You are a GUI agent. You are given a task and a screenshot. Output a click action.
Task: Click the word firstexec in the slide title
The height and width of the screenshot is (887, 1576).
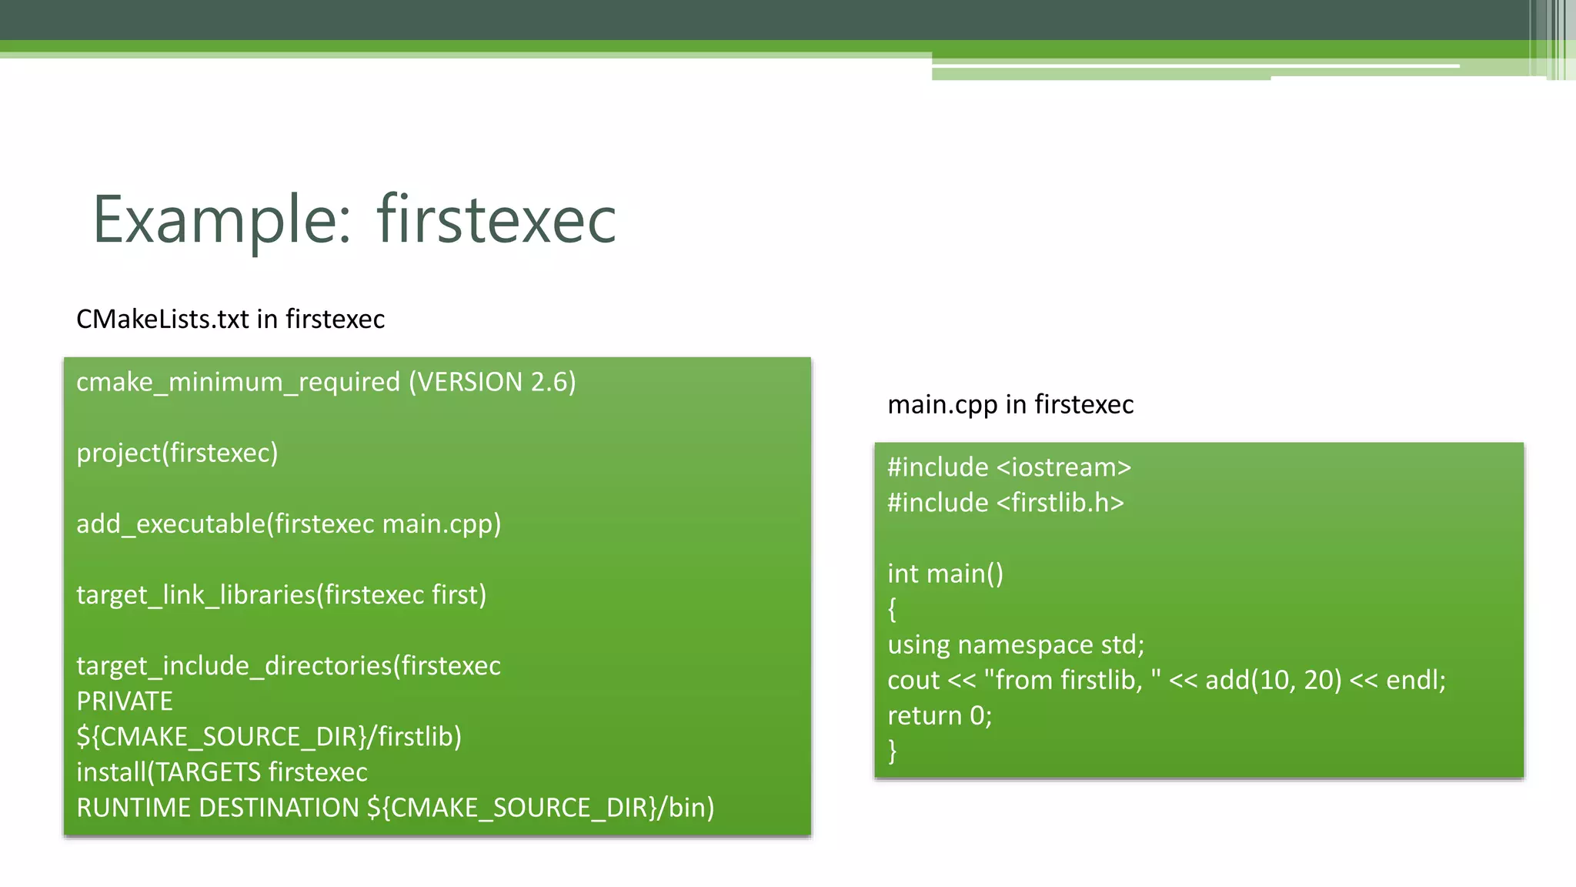pos(496,221)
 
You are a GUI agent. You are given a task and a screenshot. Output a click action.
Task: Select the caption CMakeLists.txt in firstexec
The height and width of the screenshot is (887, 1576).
pos(230,319)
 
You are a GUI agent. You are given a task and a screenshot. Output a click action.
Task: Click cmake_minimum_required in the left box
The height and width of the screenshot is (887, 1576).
pos(238,383)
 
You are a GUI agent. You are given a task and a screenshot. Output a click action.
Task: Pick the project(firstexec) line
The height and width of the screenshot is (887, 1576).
pos(177,453)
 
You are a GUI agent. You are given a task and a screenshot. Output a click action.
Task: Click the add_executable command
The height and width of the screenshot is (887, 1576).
pos(170,524)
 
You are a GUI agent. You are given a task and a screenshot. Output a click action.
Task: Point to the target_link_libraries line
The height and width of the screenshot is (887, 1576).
pos(281,594)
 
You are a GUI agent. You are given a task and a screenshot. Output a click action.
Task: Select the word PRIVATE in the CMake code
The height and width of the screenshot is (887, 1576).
pos(125,701)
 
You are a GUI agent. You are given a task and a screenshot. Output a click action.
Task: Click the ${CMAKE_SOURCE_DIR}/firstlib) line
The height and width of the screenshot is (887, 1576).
pos(269,737)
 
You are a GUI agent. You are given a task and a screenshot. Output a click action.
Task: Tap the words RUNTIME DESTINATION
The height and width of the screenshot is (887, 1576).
pos(218,808)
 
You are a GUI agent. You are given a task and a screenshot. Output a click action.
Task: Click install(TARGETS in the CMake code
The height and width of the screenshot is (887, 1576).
pos(169,772)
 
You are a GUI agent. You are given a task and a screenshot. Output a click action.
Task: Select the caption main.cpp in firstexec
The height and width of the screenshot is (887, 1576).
pos(1010,404)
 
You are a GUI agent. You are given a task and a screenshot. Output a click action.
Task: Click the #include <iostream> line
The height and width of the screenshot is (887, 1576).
pos(1009,467)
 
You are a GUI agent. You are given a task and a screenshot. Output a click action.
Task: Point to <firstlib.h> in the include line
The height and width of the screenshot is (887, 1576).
pos(1060,503)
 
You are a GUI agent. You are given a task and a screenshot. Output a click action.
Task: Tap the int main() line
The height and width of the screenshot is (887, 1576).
pos(945,574)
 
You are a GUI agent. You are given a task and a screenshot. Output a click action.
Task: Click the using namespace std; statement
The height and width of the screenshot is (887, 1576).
pos(1016,644)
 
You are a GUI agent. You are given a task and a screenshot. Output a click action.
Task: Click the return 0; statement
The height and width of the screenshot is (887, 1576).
pos(940,716)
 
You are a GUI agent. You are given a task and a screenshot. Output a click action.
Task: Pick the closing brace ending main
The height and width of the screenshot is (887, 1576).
pos(893,751)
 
